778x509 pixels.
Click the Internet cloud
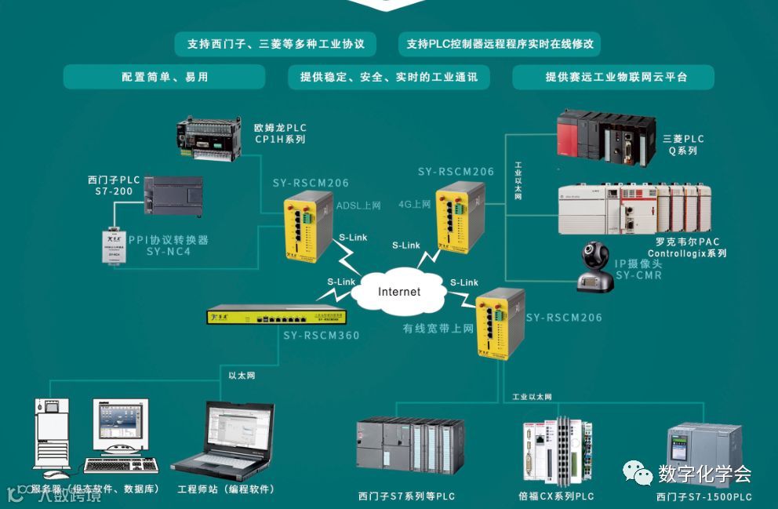pos(399,292)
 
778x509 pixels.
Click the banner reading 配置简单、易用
pos(165,77)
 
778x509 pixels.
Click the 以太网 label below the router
pos(242,376)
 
